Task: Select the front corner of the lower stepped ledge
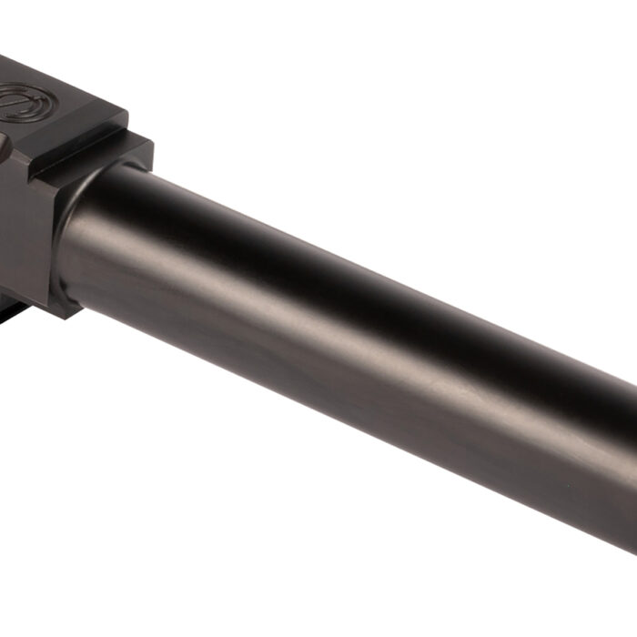tap(146, 141)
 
